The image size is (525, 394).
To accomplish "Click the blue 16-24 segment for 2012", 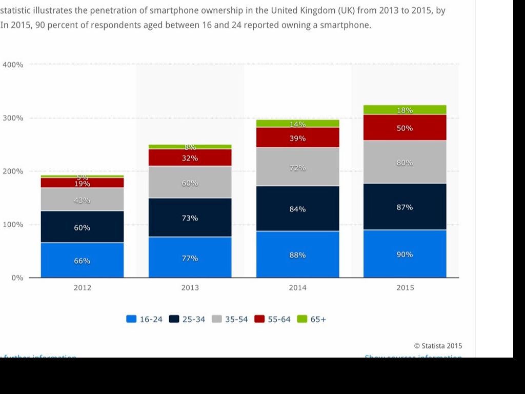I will (82, 260).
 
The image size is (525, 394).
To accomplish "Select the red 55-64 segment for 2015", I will (405, 128).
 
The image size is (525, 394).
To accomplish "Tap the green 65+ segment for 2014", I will (297, 123).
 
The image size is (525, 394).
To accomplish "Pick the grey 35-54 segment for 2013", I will (190, 182).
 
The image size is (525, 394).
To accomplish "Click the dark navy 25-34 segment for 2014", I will (297, 208).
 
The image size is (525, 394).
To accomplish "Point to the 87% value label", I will (405, 207).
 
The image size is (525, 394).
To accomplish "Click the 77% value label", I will (190, 258).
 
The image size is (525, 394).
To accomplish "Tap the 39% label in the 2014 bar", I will (297, 139).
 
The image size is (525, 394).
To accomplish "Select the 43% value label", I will (82, 200).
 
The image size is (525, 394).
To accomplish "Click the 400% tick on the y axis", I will (13, 65).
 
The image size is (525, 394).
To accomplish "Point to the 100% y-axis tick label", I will (13, 225).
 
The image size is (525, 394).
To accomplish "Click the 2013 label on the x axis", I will (190, 288).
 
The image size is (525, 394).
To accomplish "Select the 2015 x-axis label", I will (405, 288).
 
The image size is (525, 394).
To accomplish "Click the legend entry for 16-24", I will (145, 319).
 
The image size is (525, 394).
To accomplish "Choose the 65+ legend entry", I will (312, 319).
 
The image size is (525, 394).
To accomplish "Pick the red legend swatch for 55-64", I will (259, 319).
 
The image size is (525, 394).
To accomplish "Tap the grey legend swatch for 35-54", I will (217, 319).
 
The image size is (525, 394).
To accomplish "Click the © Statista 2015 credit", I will (438, 346).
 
